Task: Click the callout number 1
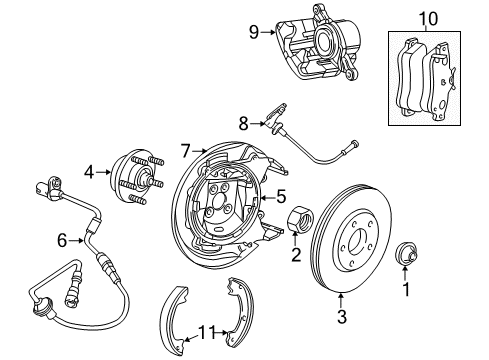406,290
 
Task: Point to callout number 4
89,173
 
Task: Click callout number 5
281,197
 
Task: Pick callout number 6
62,239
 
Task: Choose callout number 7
185,151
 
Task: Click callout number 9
253,31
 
